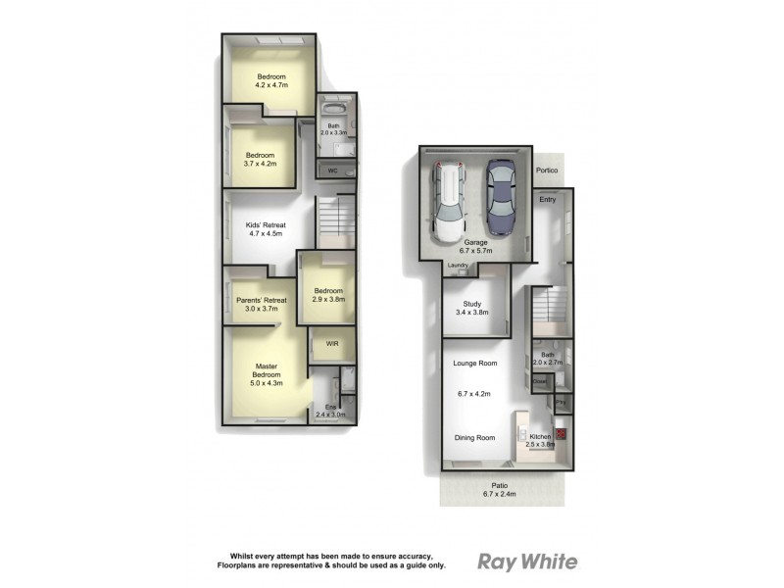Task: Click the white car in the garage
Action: (x=447, y=203)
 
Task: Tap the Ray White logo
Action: (x=526, y=562)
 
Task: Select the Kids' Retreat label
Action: (x=264, y=224)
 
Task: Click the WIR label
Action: (x=332, y=344)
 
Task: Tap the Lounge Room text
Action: (x=474, y=364)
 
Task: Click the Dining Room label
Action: (x=474, y=438)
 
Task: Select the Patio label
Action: (x=499, y=484)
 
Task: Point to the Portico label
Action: (x=547, y=171)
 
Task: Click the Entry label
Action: (x=547, y=200)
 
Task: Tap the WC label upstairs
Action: (x=332, y=171)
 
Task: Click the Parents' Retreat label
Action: (x=260, y=300)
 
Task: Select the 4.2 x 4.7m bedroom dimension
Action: (x=271, y=86)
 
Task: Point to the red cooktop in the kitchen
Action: (x=561, y=432)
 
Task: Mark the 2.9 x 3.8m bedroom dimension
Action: (x=328, y=300)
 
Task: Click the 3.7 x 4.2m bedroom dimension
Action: (x=261, y=164)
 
